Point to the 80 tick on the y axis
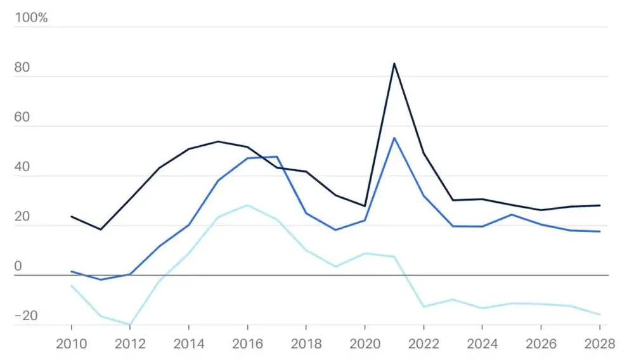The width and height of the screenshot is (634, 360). (23, 68)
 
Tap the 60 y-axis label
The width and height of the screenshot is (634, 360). (23, 118)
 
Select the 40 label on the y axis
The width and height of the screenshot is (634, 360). (23, 167)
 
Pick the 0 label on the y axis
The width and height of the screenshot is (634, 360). (18, 266)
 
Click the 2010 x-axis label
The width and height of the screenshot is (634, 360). (71, 344)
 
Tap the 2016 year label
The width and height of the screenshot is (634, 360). (247, 344)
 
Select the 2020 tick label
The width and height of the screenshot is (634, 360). (365, 344)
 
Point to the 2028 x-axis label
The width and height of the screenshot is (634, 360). (600, 344)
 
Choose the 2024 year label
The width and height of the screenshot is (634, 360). (482, 344)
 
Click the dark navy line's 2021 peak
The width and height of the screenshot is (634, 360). (394, 63)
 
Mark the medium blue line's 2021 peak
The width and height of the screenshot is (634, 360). (394, 138)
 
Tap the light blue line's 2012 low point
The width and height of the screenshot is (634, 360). (130, 325)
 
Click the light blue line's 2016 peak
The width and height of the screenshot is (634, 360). (247, 205)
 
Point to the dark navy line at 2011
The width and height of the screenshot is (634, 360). (100, 229)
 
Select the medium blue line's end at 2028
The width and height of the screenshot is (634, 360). (600, 231)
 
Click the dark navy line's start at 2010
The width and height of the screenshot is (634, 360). (71, 217)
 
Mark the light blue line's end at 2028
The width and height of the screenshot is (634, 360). (600, 314)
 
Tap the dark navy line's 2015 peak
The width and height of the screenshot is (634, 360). (218, 141)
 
